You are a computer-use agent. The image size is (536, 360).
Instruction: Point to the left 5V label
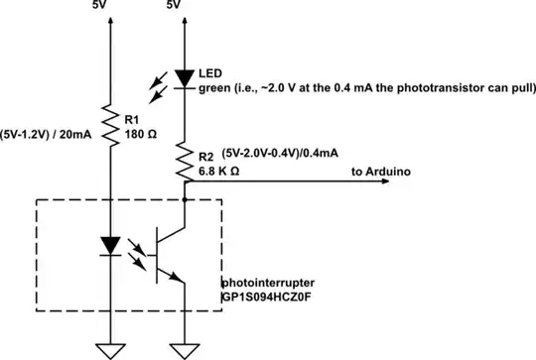pyautogui.click(x=101, y=6)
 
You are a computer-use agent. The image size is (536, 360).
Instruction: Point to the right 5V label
pyautogui.click(x=175, y=6)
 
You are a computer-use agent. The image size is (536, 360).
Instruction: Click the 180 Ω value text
pyautogui.click(x=142, y=135)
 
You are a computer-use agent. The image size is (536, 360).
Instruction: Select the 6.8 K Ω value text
pyautogui.click(x=220, y=171)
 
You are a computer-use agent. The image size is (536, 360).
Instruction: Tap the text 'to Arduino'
pyautogui.click(x=385, y=172)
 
